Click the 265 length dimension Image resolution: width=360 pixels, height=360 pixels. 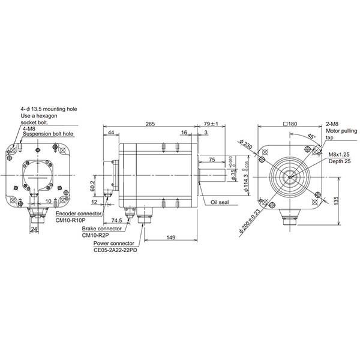pyautogui.click(x=150, y=124)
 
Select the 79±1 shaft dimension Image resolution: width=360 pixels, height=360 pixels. pyautogui.click(x=212, y=124)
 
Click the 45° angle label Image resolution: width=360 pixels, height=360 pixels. pyautogui.click(x=311, y=136)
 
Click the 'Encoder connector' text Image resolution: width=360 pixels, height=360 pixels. pyautogui.click(x=78, y=213)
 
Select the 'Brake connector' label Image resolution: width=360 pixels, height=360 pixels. pyautogui.click(x=103, y=229)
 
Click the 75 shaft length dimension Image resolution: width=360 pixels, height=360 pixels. pyautogui.click(x=212, y=160)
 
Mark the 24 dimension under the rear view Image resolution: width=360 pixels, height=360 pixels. pyautogui.click(x=34, y=229)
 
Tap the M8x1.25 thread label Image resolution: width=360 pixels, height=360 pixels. pyautogui.click(x=340, y=154)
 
